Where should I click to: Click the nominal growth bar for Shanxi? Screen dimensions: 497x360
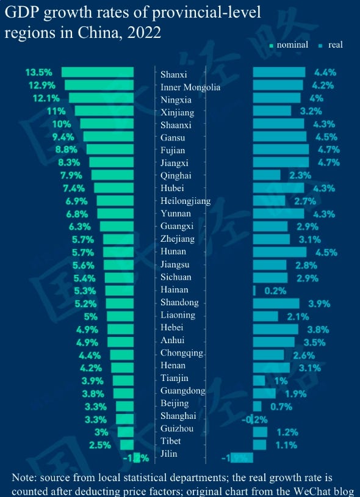(x=98, y=73)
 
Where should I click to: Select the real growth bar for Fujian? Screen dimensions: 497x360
(x=281, y=150)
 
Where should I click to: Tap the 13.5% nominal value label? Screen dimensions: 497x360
(x=38, y=73)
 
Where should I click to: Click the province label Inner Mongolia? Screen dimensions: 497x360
(x=190, y=87)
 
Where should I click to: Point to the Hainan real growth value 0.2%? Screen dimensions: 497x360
(x=275, y=291)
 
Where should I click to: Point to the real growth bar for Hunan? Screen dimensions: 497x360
(x=279, y=252)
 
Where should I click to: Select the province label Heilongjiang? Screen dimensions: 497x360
(x=185, y=201)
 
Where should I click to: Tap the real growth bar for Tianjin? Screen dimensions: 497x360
(x=259, y=380)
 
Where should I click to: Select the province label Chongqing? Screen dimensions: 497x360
(x=181, y=353)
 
